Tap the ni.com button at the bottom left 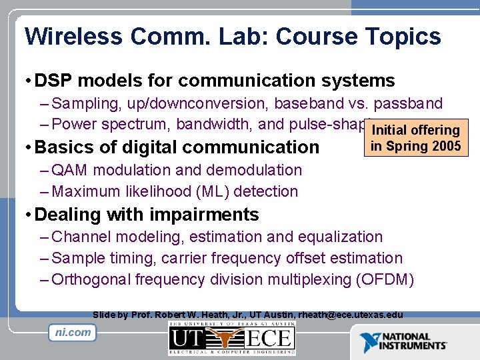pyautogui.click(x=73, y=332)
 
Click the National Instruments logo pyautogui.click(x=404, y=341)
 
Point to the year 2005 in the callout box pyautogui.click(x=444, y=145)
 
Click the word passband pyautogui.click(x=407, y=103)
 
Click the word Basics pyautogui.click(x=63, y=147)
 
